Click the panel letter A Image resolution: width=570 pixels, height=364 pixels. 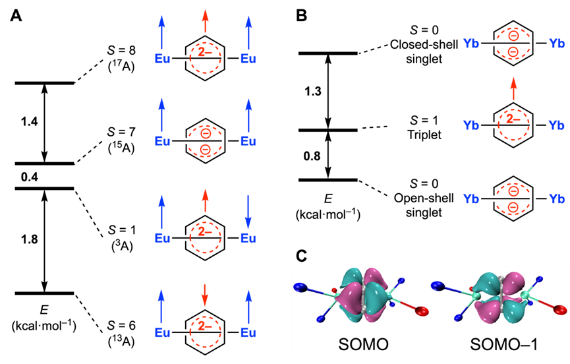click(x=16, y=15)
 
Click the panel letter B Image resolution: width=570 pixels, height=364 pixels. click(x=301, y=15)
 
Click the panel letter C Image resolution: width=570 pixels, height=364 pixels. click(x=302, y=257)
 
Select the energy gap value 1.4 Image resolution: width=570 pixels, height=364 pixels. click(x=30, y=122)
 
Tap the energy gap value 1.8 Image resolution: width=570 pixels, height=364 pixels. click(x=30, y=239)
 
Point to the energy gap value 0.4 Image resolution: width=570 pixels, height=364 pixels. click(x=30, y=177)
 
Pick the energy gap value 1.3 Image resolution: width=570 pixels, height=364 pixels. click(x=313, y=91)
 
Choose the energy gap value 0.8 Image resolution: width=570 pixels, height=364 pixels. click(x=312, y=156)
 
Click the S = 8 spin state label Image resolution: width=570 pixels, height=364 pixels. click(x=121, y=50)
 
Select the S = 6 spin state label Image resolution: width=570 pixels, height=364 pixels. click(x=121, y=326)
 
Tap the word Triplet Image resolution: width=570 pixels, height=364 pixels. click(x=424, y=135)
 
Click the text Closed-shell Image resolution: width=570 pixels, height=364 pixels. click(x=424, y=44)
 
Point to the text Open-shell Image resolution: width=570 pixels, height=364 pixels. click(x=424, y=198)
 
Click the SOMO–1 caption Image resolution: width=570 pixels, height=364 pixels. click(x=503, y=345)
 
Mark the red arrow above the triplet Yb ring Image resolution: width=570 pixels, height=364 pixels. click(x=513, y=88)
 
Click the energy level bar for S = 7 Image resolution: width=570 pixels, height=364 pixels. click(x=44, y=164)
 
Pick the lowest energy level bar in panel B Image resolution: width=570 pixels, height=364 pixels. click(x=328, y=180)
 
